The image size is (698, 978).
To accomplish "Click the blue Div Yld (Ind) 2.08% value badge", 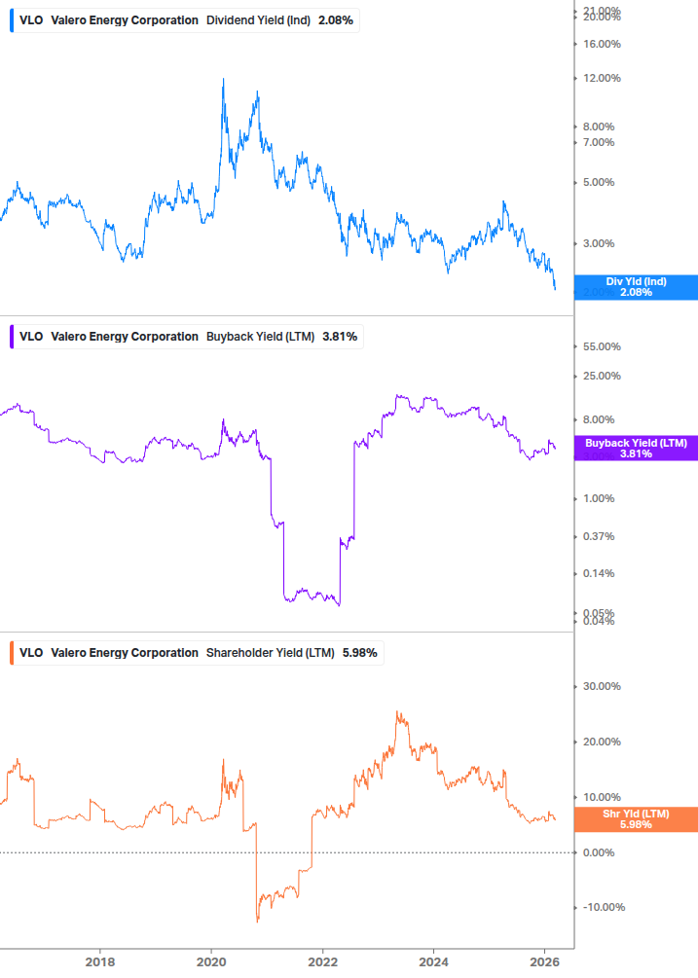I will (636, 287).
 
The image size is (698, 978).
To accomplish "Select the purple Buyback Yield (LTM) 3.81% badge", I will (636, 448).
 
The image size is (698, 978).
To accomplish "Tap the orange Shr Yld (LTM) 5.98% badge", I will (636, 819).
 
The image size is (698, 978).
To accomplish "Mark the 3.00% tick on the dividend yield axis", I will (602, 243).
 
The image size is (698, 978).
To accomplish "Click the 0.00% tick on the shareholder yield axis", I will (602, 852).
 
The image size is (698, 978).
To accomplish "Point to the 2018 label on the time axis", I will (99, 961).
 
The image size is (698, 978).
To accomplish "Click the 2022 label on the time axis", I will (323, 961).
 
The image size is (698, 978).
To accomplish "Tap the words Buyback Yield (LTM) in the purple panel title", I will (260, 337).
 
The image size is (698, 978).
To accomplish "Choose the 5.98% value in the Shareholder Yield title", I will (359, 653).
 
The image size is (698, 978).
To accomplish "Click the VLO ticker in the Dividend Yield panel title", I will (31, 20).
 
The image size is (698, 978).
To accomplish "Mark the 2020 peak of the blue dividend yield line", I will (223, 79).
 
